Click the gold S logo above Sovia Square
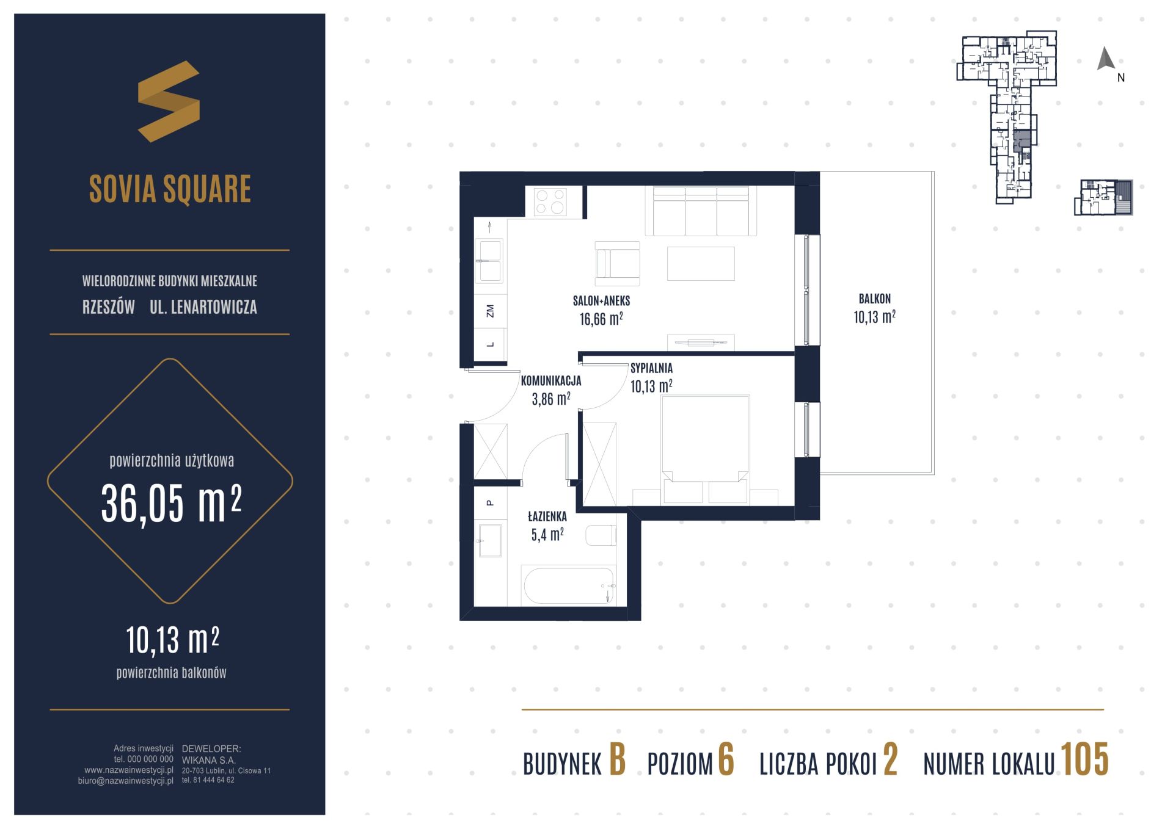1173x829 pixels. [x=169, y=101]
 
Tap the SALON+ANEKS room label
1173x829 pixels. [x=601, y=301]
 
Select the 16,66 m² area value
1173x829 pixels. [x=601, y=319]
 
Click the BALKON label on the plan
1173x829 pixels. [x=874, y=299]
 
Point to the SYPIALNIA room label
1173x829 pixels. [x=651, y=368]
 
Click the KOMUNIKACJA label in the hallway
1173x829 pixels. [x=550, y=381]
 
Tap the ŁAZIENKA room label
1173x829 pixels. [x=547, y=516]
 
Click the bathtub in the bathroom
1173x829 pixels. [x=568, y=586]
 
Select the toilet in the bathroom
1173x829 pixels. [x=601, y=535]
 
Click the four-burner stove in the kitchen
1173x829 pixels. [x=550, y=201]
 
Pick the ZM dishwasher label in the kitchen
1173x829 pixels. [x=490, y=311]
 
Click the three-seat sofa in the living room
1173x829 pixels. [x=701, y=211]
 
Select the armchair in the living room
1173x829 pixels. [x=618, y=263]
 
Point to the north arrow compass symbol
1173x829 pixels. [x=1106, y=59]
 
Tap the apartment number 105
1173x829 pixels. [x=1084, y=759]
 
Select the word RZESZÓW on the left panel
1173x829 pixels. [x=109, y=307]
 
